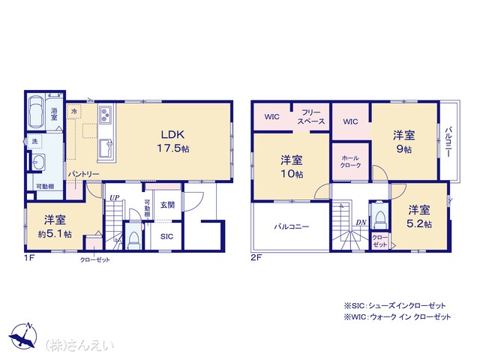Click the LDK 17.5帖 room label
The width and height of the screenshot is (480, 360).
173,142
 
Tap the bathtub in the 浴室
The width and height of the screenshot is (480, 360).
36,112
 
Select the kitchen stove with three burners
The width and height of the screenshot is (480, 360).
106,114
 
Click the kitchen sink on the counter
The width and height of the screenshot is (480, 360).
106,148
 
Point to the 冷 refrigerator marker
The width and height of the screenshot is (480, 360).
74,112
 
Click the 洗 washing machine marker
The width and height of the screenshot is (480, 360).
35,142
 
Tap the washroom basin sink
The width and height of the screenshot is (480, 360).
39,162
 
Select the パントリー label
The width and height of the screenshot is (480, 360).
83,174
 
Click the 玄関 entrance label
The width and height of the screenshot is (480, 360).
167,205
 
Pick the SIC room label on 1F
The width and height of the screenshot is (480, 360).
166,236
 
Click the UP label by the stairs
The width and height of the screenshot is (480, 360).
114,198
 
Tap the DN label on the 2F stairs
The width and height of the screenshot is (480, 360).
361,223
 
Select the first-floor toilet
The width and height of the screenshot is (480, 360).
133,241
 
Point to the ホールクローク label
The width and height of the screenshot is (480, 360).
350,162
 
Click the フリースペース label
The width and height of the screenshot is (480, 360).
311,117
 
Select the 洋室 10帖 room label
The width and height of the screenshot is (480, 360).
292,166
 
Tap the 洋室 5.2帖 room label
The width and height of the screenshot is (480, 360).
418,217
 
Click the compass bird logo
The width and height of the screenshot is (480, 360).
23,335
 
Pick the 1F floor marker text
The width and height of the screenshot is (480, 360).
29,258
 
